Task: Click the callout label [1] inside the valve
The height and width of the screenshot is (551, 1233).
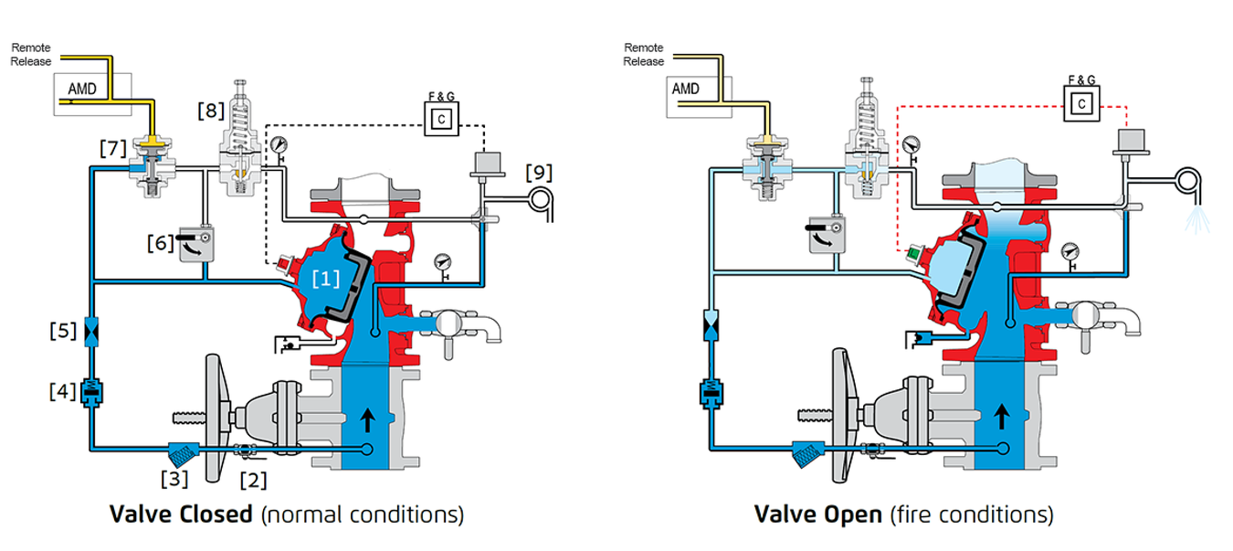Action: click(326, 279)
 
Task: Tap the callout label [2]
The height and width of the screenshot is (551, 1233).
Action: click(254, 480)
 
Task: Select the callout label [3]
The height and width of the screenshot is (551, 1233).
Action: click(174, 478)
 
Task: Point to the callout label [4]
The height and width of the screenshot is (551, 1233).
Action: click(63, 391)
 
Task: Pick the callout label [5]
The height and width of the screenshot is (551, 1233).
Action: click(63, 330)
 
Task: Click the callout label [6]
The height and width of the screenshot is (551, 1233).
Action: click(161, 243)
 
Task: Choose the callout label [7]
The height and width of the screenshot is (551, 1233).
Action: click(113, 148)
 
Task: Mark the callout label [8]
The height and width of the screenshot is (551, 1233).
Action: click(211, 111)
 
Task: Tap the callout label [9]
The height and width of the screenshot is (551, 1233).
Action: click(539, 173)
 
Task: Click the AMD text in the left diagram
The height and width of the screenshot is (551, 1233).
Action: click(82, 89)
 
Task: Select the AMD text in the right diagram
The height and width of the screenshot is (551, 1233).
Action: click(685, 89)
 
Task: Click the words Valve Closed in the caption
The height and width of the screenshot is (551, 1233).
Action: click(181, 514)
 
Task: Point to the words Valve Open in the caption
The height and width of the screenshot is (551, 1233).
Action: click(818, 514)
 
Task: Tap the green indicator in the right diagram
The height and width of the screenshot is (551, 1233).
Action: click(913, 253)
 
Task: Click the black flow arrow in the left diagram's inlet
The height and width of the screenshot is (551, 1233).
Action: click(367, 420)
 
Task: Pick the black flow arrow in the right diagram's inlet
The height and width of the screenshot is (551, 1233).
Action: click(1001, 417)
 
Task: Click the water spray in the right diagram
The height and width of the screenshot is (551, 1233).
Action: click(1197, 220)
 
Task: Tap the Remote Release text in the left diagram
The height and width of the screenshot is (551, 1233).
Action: click(31, 55)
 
